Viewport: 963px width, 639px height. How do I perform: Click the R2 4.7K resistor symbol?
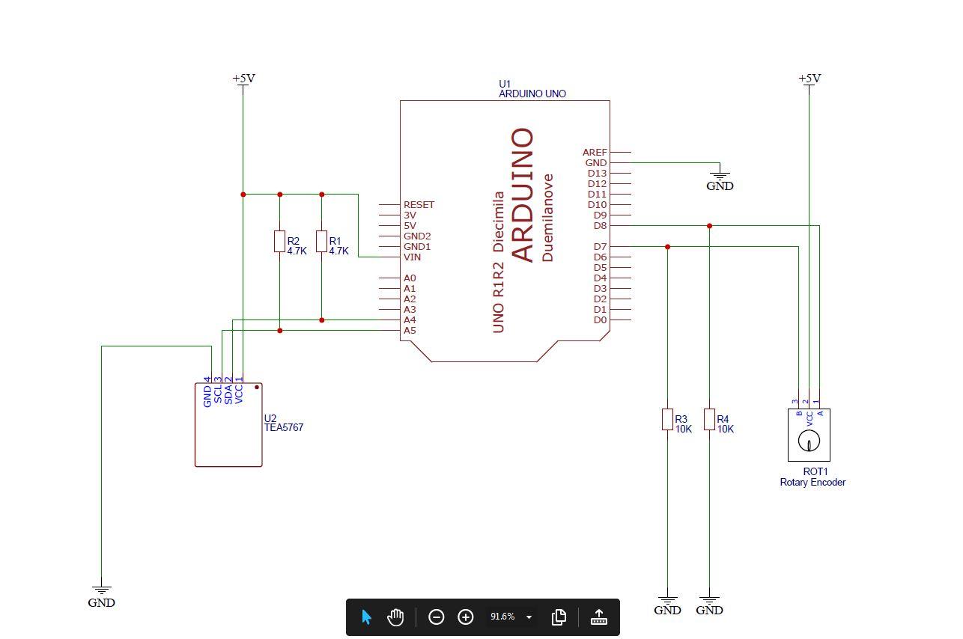[279, 242]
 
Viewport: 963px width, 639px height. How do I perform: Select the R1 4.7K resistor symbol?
[321, 242]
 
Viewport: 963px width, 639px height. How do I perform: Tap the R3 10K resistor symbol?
[667, 420]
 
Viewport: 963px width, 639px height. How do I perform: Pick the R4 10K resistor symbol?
[709, 420]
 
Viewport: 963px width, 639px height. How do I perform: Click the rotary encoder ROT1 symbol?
[809, 435]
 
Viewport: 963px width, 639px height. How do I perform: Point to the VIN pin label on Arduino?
[412, 257]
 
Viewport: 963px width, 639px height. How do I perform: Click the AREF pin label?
[595, 153]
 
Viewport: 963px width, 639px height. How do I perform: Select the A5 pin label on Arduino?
[410, 331]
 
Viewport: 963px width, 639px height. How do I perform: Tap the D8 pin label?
[600, 226]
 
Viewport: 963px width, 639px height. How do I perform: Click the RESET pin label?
[419, 205]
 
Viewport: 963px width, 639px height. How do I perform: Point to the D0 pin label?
[600, 320]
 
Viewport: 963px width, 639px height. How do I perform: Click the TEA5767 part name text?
[284, 428]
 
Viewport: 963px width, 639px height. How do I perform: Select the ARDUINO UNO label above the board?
[532, 94]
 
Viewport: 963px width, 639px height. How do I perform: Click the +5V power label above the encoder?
[809, 79]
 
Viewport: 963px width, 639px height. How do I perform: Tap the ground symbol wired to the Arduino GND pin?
[720, 177]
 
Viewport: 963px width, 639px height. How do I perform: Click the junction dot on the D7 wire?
[667, 247]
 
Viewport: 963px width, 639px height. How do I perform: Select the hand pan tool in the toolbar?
[395, 617]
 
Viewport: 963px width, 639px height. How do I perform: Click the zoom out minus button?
[436, 617]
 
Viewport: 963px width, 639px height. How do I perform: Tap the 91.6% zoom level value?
[502, 617]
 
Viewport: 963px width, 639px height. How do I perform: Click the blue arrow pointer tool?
[366, 617]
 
